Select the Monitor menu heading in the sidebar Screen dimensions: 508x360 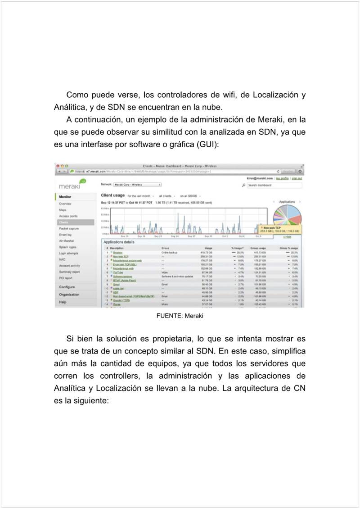pos(65,197)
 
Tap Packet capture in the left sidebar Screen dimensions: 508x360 pos(69,229)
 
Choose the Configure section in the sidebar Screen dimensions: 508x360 pos(67,287)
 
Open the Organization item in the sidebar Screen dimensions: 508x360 pos(69,295)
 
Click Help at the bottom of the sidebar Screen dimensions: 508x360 pos(63,302)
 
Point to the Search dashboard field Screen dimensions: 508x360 pos(274,185)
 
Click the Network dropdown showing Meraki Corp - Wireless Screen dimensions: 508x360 pos(137,184)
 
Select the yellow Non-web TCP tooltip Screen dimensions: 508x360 pos(279,230)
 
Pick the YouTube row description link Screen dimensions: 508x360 pos(118,272)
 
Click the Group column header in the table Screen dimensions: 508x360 pos(165,248)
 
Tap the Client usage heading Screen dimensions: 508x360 pos(113,195)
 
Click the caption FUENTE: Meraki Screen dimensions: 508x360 pos(180,316)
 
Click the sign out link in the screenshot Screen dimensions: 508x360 pos(297,178)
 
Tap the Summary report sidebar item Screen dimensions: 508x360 pos(69,272)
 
